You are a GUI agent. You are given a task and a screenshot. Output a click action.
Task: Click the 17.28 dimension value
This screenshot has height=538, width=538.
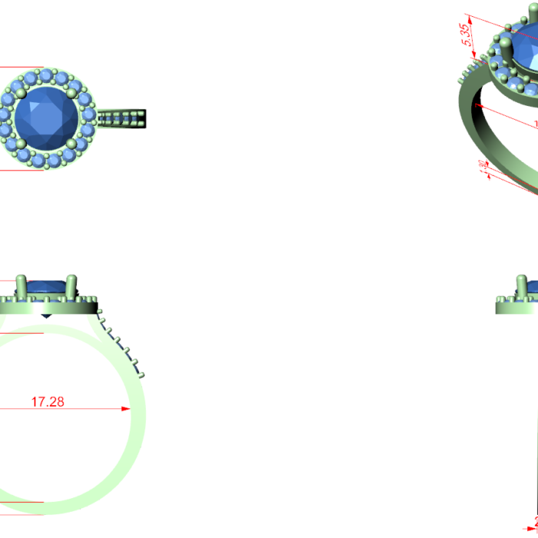[47, 401]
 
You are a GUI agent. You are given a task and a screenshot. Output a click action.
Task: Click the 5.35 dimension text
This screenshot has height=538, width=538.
[466, 35]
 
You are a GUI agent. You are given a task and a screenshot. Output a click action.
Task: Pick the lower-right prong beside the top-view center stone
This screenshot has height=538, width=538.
[71, 144]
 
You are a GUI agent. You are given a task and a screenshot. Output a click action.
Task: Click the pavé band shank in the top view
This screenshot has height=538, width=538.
[123, 118]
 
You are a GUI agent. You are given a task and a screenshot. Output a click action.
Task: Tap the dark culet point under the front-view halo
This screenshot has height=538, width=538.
[46, 315]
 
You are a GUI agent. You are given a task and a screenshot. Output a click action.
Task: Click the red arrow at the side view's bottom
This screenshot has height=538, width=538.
[530, 528]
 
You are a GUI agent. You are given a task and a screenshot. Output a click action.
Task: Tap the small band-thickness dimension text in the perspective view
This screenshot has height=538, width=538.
[483, 168]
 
